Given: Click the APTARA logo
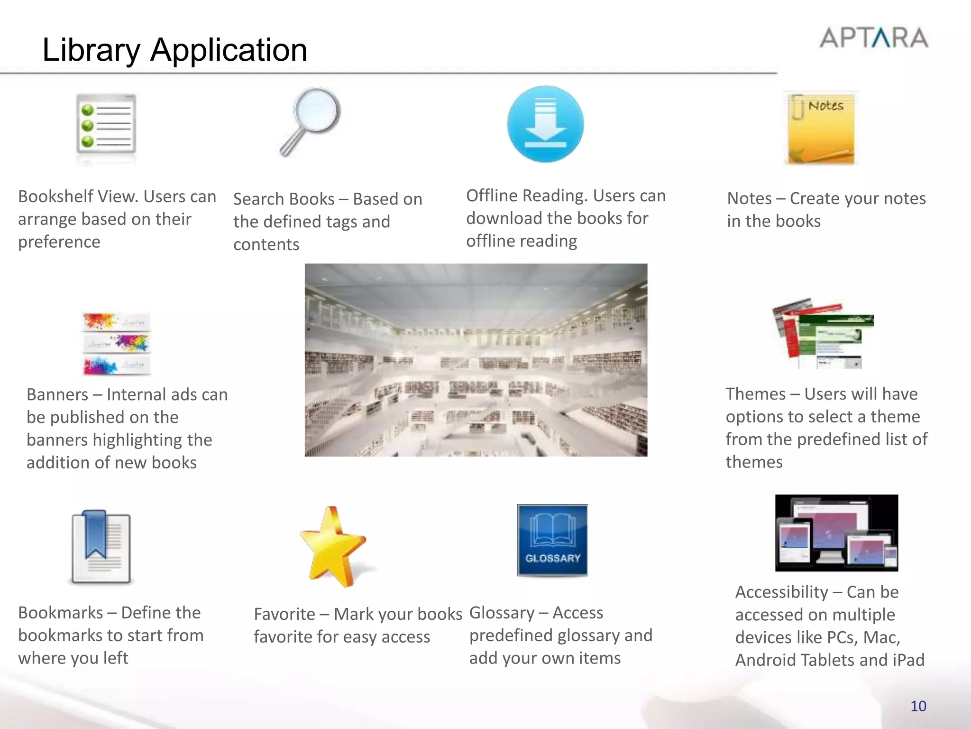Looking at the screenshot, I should pos(874,38).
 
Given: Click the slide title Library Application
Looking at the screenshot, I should pos(174,50).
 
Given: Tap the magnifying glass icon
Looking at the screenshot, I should pos(311,121).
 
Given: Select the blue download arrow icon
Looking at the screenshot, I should pos(545,124).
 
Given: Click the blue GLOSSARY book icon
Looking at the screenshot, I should pos(552,540).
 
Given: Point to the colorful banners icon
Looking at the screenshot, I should pos(117,344).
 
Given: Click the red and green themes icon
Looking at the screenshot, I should pos(823,334).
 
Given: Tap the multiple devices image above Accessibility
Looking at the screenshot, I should pos(836,533).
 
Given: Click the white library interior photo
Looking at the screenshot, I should pos(476,360).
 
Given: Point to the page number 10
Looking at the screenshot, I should pos(918,706).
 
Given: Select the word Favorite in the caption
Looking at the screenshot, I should pos(284,614).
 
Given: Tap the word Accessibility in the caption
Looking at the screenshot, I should pos(781,592).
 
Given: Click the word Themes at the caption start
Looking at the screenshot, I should pos(755,394).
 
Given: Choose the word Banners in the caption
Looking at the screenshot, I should pos(57,394).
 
